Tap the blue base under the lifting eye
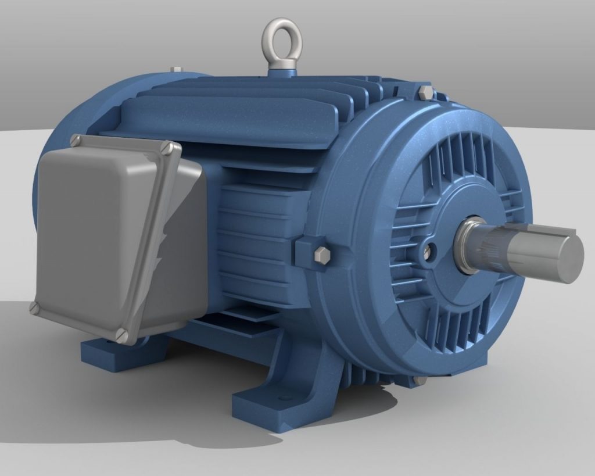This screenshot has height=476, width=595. point(282,73)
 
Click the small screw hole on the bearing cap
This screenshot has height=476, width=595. point(428,251)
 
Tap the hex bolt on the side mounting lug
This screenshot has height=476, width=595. point(321,255)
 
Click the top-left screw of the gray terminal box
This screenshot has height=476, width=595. point(75,140)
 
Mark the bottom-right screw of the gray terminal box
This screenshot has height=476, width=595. point(121,334)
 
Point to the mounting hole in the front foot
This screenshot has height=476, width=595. point(285,399)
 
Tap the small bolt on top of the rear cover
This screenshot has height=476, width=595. point(176,70)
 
